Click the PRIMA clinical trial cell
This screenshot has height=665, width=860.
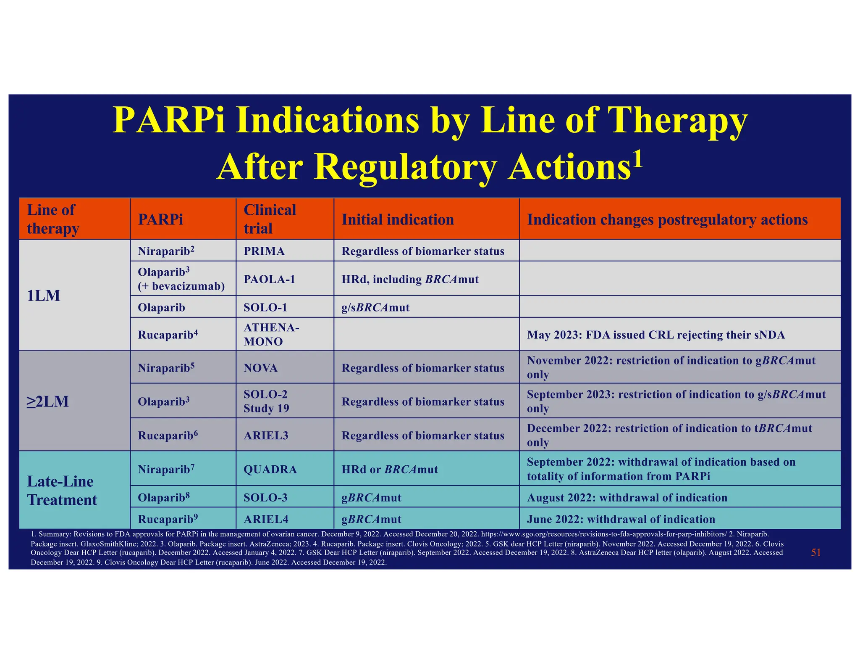[x=264, y=251]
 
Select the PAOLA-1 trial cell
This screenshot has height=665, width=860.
[x=269, y=279]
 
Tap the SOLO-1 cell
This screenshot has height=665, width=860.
[x=265, y=307]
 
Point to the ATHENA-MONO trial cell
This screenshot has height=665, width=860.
[x=271, y=334]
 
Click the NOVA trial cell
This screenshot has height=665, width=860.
[x=260, y=368]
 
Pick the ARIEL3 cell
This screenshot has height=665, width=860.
[x=266, y=435]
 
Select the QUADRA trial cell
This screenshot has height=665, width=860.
[x=270, y=469]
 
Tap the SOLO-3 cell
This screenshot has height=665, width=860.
[x=265, y=497]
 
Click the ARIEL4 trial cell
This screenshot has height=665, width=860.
[x=266, y=519]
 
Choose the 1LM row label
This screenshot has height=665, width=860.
[x=44, y=296]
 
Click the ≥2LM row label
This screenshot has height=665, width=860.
[x=47, y=401]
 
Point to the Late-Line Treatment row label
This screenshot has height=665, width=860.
[x=62, y=491]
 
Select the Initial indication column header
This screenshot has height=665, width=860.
[x=397, y=219]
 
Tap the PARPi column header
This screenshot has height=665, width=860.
[x=160, y=219]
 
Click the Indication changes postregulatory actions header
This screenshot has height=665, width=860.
[x=667, y=219]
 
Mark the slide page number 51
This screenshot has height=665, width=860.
[x=815, y=552]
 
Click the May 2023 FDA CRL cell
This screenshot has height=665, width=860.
[x=655, y=335]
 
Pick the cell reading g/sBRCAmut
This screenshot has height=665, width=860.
[x=375, y=307]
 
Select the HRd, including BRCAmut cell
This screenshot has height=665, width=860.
[x=410, y=279]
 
